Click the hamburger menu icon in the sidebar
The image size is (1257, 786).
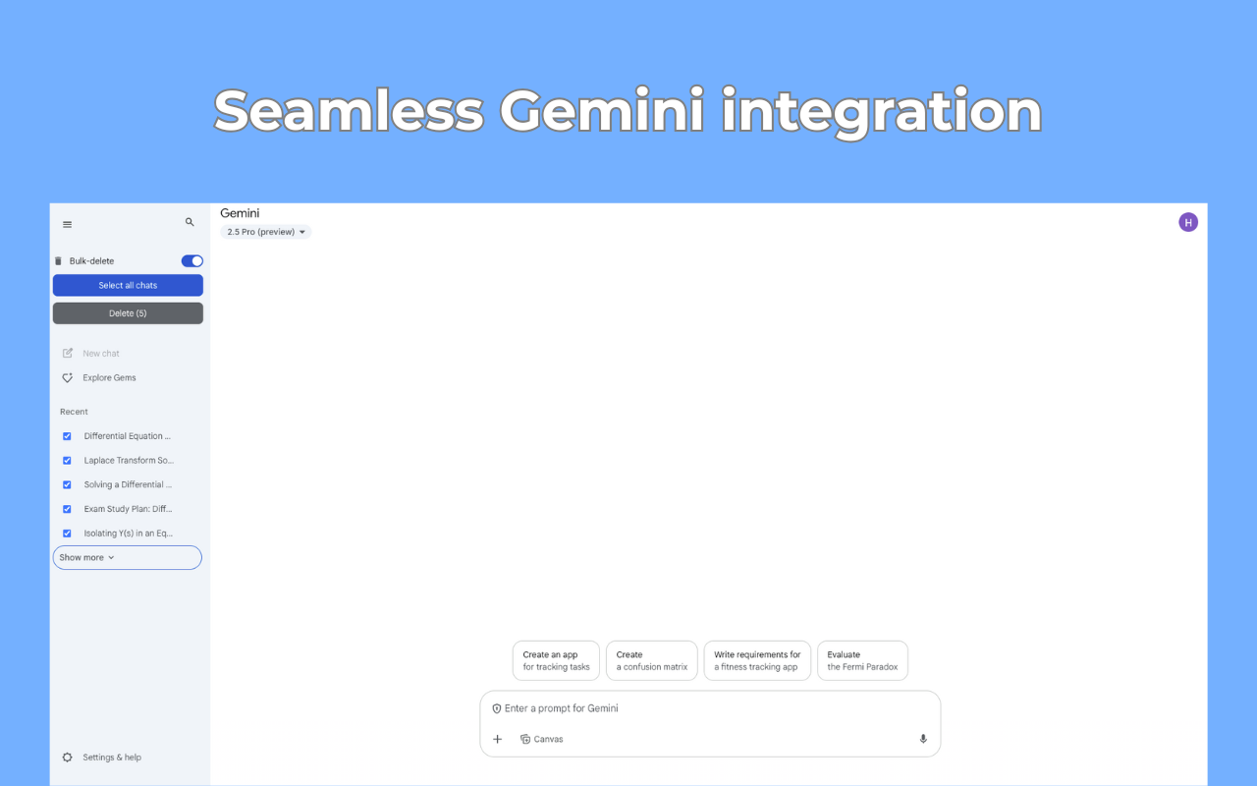coord(67,225)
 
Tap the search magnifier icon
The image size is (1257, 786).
coord(190,223)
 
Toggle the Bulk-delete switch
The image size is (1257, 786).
coord(192,261)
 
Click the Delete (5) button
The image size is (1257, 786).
coord(128,313)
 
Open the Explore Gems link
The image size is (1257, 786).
coord(109,378)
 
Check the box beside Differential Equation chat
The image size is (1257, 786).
coord(67,436)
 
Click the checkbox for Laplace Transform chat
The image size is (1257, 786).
coord(67,461)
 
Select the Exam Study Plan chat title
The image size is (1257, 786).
coord(128,509)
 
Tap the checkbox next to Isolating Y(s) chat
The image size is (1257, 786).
coord(67,533)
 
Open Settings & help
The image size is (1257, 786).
coord(111,758)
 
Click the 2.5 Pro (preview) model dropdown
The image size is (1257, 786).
coord(266,233)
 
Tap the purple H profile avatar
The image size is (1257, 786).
coord(1188,222)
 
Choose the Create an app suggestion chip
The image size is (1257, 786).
coord(556,661)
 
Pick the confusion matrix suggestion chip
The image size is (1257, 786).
coord(652,661)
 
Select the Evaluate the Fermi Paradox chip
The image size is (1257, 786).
coord(862,661)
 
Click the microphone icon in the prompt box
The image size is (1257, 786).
coord(923,739)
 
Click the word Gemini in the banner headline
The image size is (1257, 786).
coord(601,110)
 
